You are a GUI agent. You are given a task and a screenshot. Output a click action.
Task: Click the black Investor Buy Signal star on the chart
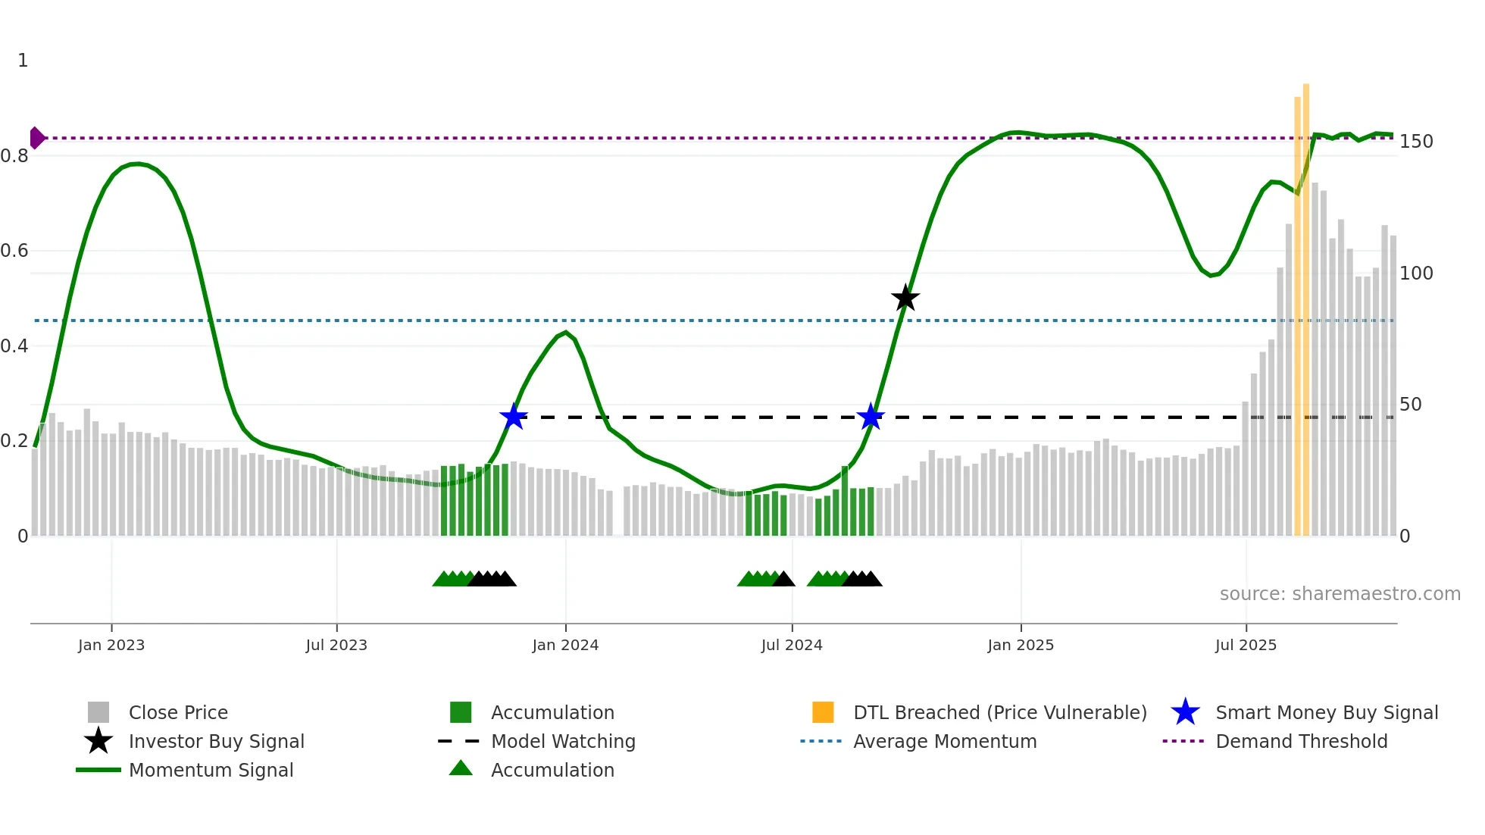click(905, 298)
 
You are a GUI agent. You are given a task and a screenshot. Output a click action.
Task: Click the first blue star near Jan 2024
click(514, 417)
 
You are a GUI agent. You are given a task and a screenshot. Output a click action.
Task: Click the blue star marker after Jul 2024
click(871, 417)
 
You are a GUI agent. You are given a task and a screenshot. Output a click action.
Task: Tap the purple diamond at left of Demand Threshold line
click(36, 138)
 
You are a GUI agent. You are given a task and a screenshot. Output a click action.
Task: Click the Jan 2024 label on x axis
click(565, 645)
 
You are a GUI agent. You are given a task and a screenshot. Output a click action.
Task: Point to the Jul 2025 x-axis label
click(1246, 645)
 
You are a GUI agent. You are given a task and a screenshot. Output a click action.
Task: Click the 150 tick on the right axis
click(1416, 142)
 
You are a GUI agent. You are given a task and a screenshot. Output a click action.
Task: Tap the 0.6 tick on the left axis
click(14, 251)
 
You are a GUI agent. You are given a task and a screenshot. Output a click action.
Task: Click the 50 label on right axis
click(1410, 405)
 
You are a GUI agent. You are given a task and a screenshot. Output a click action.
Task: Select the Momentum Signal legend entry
click(211, 770)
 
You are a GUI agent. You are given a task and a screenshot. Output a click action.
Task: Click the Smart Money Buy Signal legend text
click(1326, 712)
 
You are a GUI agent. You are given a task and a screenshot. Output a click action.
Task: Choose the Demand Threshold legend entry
click(1301, 741)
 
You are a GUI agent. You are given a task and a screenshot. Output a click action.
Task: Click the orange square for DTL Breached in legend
click(823, 712)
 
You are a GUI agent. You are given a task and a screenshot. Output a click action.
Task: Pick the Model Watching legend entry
click(562, 741)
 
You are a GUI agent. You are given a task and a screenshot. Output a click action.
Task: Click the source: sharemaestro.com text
click(1340, 594)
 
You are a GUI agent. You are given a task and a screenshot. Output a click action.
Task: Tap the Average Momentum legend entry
click(944, 741)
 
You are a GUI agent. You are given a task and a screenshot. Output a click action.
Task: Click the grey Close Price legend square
click(98, 712)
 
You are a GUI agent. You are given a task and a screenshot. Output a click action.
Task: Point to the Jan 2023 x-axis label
click(111, 645)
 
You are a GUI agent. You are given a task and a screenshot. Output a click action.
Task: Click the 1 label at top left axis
click(23, 61)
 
